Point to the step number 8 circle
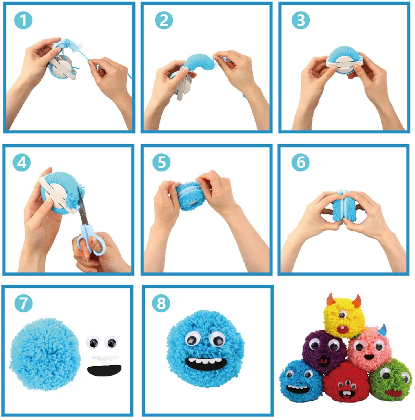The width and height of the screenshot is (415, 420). click(161, 303)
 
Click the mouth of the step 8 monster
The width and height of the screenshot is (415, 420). click(206, 364)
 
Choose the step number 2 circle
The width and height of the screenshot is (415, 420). click(164, 20)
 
